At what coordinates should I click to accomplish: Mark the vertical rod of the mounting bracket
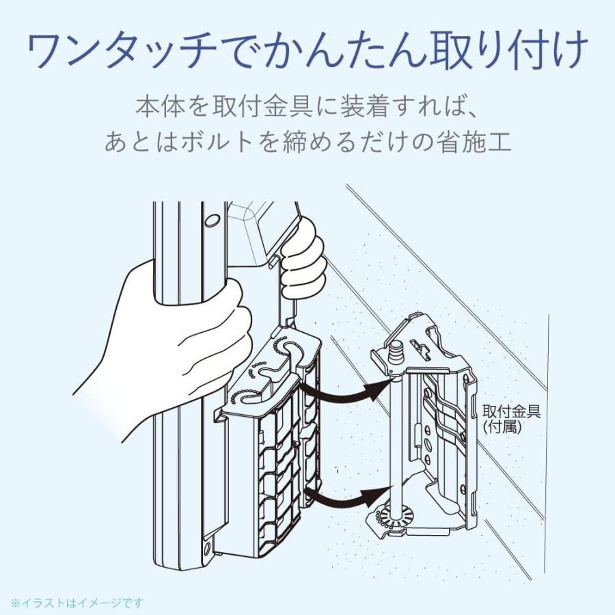point(396,437)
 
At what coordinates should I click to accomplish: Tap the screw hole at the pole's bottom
point(207,549)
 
